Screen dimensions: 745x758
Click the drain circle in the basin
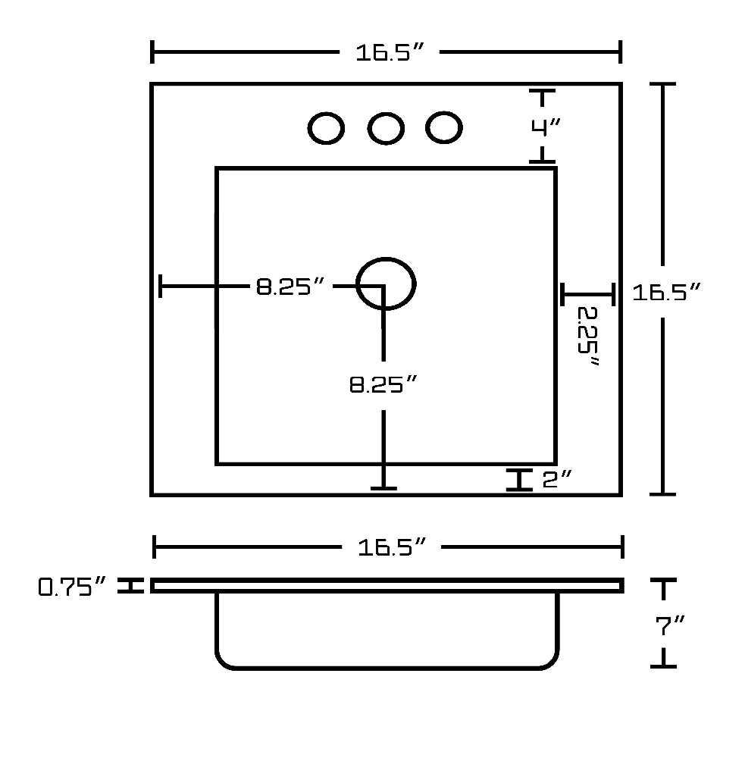pos(386,258)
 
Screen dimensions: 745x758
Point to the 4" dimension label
pos(546,127)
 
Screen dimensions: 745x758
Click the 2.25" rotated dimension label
pos(588,336)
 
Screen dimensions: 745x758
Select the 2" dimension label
pos(557,480)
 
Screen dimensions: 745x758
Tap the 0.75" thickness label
pos(71,587)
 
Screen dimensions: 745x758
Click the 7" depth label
pos(670,625)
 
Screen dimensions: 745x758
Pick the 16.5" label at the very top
pos(390,52)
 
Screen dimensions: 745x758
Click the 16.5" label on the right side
pos(666,292)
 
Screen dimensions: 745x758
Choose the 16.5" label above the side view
pos(392,547)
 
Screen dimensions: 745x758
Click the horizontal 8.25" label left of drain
pos(290,287)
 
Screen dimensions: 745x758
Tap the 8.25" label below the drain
pos(383,385)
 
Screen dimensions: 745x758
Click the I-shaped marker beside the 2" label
pos(519,480)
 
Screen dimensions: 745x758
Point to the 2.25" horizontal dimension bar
pos(587,294)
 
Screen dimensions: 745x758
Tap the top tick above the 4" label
pos(542,91)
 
